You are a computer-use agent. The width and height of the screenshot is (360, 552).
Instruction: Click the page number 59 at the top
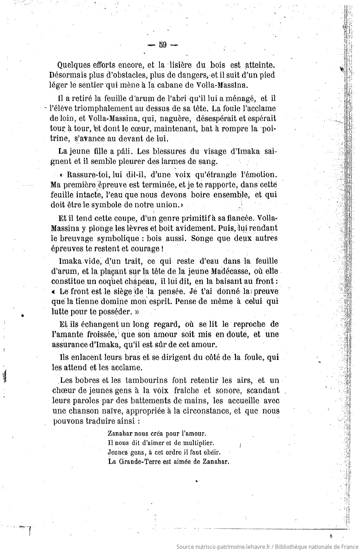coord(163,45)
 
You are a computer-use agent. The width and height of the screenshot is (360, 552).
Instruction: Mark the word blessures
coord(157,152)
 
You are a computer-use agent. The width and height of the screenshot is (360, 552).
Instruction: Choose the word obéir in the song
coord(210,452)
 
